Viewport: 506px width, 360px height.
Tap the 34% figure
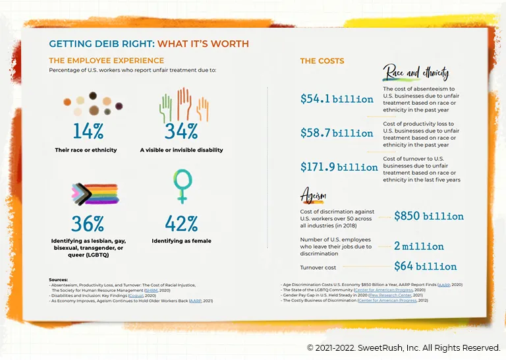click(181, 131)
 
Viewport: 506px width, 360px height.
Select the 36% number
click(88, 224)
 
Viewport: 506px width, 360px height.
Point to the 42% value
click(181, 224)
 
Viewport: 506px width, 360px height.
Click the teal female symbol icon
click(182, 185)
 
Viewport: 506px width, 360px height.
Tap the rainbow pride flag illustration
click(94, 194)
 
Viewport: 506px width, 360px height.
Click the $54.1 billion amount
click(337, 99)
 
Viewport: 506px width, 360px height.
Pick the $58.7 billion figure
click(337, 133)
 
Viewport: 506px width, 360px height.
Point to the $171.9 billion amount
click(339, 167)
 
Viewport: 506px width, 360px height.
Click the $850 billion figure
click(428, 216)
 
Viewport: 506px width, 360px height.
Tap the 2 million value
click(419, 246)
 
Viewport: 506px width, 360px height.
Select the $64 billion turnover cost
click(425, 266)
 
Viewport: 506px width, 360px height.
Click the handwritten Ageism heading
click(314, 195)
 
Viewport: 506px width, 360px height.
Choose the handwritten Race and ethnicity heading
click(416, 72)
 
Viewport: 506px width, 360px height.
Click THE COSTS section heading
click(322, 61)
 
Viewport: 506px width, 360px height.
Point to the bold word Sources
click(58, 280)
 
